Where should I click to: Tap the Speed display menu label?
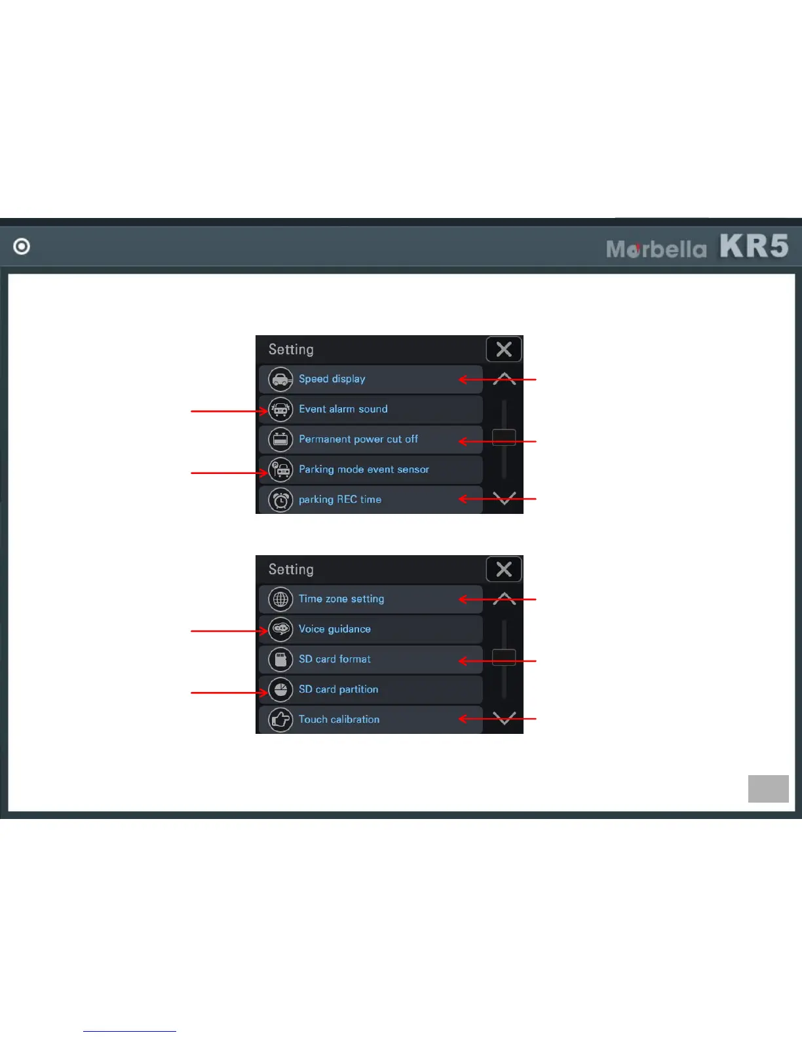(332, 379)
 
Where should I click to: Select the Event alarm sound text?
(343, 409)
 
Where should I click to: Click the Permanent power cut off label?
(358, 439)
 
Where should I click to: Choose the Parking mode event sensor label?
(364, 469)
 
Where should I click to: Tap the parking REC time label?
(339, 500)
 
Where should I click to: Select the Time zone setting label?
(341, 599)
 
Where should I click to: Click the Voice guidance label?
(334, 629)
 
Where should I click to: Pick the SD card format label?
(334, 659)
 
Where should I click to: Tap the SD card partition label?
(338, 689)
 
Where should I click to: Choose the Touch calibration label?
(339, 719)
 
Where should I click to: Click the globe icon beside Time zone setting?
(280, 599)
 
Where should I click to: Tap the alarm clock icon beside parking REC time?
(280, 500)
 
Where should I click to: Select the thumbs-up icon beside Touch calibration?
(280, 719)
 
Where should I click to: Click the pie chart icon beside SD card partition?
(280, 689)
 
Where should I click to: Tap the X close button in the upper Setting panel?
(504, 350)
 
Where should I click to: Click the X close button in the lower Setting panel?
(504, 570)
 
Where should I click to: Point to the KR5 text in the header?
(754, 246)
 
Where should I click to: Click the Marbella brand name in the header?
(656, 249)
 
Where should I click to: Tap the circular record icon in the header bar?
(22, 246)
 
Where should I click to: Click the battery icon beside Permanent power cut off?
(280, 439)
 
